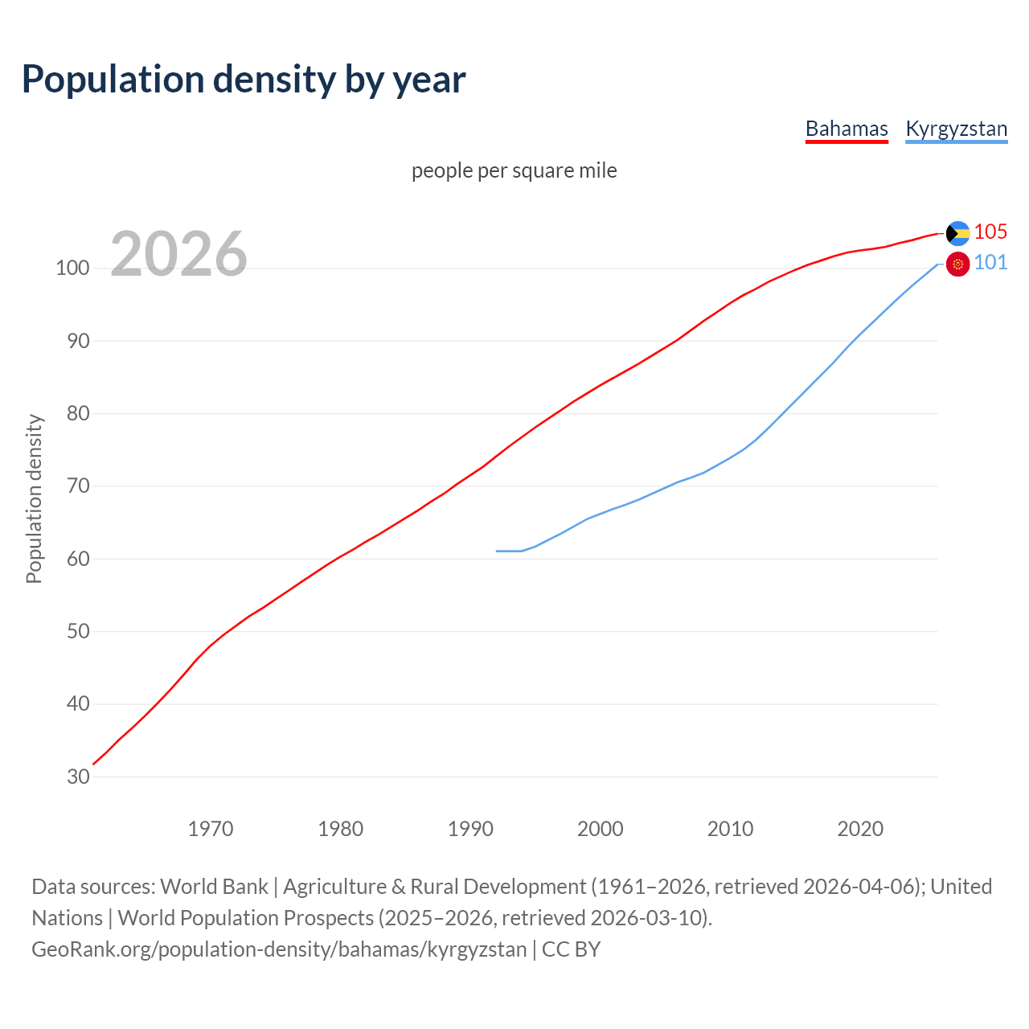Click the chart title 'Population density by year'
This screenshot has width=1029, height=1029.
(x=244, y=79)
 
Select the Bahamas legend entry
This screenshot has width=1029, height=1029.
(x=847, y=129)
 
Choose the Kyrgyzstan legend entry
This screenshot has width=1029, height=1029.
(x=956, y=129)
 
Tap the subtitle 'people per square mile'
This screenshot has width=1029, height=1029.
(x=514, y=170)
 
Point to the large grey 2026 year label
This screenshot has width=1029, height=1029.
(x=178, y=254)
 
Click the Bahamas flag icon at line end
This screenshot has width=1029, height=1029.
(x=957, y=233)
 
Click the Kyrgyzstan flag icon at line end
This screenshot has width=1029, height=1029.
(x=957, y=264)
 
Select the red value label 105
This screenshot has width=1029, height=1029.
(x=990, y=232)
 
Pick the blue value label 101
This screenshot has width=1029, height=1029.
(x=990, y=263)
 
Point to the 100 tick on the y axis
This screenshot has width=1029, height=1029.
(x=72, y=269)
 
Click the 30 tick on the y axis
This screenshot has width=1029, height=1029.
(x=78, y=777)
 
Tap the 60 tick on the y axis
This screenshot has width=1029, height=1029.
(x=78, y=559)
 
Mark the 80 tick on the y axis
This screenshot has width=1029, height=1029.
(x=78, y=414)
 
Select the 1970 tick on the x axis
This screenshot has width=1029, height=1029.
(x=211, y=828)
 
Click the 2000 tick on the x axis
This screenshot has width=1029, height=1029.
(x=600, y=828)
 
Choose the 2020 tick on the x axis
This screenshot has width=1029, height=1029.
(x=860, y=828)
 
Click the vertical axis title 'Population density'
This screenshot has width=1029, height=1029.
(x=34, y=498)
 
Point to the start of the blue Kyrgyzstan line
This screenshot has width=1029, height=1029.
(x=498, y=551)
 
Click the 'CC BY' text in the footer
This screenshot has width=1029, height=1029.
(x=571, y=949)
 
